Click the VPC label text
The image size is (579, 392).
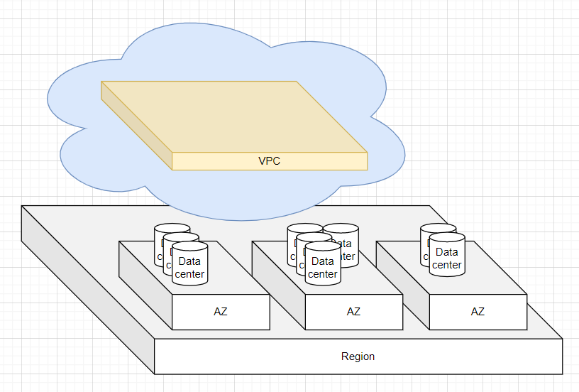click(269, 161)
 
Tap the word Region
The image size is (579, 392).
click(358, 356)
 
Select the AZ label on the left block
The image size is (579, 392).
click(221, 312)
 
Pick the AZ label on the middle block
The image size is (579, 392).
click(353, 312)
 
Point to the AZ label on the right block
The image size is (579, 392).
click(478, 312)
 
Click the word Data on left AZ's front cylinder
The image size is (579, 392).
click(189, 261)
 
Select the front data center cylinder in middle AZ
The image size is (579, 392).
click(323, 264)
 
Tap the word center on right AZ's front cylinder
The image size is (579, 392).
click(447, 265)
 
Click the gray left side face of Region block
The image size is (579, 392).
click(85, 284)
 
